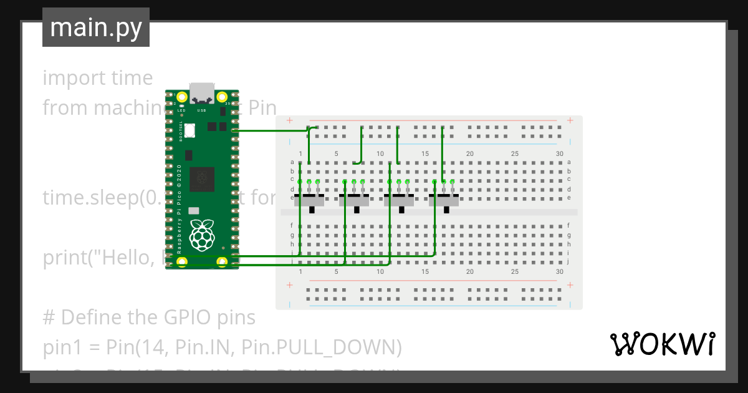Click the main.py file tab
[95, 27]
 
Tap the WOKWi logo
[662, 344]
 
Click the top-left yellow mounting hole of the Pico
[182, 97]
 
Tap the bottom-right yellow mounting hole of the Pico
[221, 262]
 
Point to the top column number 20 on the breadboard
[470, 154]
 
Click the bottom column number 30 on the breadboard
[560, 271]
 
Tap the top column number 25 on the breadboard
[515, 154]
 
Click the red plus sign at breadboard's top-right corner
[570, 120]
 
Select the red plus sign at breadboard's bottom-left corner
[289, 285]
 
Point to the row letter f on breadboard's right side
[568, 225]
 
